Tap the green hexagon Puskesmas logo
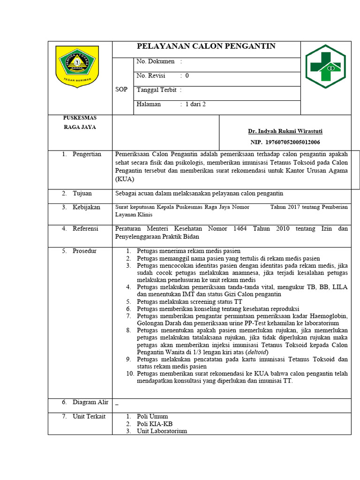(x=325, y=67)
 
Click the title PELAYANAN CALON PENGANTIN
(x=206, y=46)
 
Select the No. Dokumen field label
(x=156, y=61)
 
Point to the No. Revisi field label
(x=151, y=75)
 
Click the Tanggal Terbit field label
(x=156, y=90)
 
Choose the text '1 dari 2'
(x=195, y=104)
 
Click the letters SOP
(x=121, y=90)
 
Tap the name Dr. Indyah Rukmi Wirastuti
(x=285, y=131)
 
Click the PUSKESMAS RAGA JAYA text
(x=80, y=122)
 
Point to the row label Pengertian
(x=87, y=154)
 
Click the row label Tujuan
(x=82, y=193)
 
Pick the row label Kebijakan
(x=86, y=207)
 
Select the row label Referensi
(x=85, y=229)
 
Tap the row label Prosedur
(x=84, y=251)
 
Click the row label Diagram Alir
(x=90, y=402)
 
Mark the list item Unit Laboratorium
(x=162, y=431)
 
